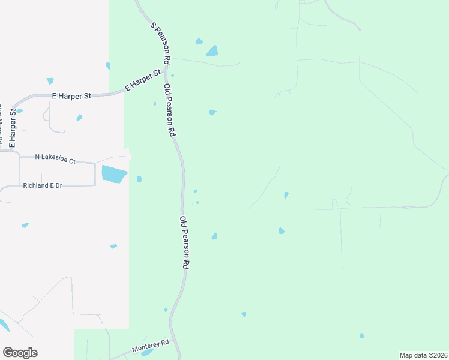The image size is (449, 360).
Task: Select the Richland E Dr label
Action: (43, 186)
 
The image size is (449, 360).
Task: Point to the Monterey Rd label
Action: (150, 347)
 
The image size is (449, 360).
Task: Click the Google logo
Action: (20, 353)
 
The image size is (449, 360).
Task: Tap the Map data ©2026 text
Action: (423, 355)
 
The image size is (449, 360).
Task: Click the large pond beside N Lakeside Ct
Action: (114, 174)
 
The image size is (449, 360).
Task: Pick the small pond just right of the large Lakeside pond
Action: (139, 178)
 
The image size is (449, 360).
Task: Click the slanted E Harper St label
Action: (143, 80)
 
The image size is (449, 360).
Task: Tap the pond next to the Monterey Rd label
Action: (146, 353)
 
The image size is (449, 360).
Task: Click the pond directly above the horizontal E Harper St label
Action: (50, 81)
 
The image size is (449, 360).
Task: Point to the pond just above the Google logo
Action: (3, 326)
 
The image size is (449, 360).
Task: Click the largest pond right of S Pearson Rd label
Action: (212, 50)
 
